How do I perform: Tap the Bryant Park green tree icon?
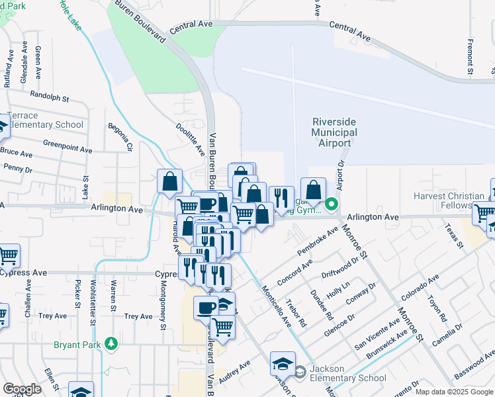pos(112,344)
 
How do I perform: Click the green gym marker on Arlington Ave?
pos(334,204)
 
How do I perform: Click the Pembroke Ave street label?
pos(322,240)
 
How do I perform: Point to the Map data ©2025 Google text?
pos(454,392)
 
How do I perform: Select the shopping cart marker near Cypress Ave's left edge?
pos(9,255)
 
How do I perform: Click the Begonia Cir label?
pos(122,137)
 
